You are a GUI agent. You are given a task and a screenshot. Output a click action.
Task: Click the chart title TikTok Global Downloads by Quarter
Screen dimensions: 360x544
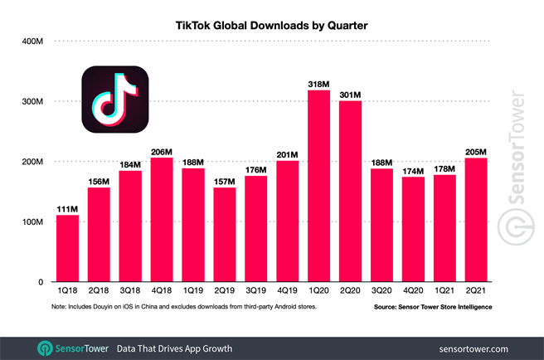(x=271, y=26)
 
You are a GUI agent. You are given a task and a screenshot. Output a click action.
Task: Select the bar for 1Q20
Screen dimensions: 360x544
(x=319, y=186)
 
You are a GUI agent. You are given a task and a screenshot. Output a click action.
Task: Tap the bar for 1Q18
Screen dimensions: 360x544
(x=67, y=248)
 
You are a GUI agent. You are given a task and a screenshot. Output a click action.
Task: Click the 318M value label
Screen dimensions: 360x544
(x=319, y=83)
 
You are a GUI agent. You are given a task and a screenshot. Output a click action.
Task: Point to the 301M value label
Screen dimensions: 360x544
(x=351, y=94)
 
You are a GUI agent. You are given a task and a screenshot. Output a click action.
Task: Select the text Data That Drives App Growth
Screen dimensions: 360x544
(x=174, y=348)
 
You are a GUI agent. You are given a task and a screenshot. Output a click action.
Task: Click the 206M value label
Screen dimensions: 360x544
(x=162, y=151)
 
